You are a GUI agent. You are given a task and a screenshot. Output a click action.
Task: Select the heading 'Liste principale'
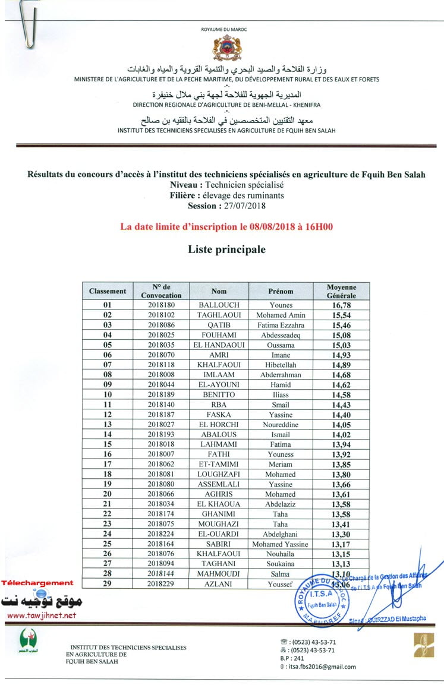tap(226, 250)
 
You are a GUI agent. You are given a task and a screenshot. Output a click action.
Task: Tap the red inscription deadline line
tap(226, 226)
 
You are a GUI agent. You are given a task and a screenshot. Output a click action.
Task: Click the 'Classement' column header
tap(108, 291)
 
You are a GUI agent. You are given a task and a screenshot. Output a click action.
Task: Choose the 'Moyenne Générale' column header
tap(341, 291)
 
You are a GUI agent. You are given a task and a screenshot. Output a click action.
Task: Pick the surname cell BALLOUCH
tap(219, 305)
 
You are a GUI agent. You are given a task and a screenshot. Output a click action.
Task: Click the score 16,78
tap(341, 305)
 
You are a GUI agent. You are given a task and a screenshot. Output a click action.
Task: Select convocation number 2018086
tap(162, 325)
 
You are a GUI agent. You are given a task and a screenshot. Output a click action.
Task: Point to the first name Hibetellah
tap(281, 365)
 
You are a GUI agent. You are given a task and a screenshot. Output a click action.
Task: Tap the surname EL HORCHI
tap(219, 425)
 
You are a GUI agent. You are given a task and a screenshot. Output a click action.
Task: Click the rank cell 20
tap(108, 494)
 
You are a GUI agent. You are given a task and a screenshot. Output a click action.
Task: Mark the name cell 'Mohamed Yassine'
tap(281, 544)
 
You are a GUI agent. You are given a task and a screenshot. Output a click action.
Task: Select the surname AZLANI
tap(219, 585)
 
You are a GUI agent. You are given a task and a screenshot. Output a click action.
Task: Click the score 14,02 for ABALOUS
tap(341, 435)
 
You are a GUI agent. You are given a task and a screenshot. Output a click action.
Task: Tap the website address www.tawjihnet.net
tap(42, 615)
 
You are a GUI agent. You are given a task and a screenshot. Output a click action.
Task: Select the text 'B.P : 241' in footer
tap(291, 658)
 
